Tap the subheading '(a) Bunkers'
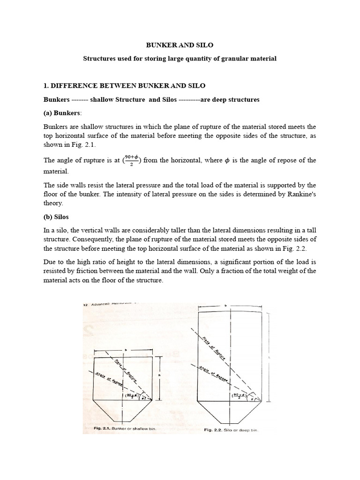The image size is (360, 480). pyautogui.click(x=62, y=113)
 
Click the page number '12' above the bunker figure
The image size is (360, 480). pyautogui.click(x=86, y=305)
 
